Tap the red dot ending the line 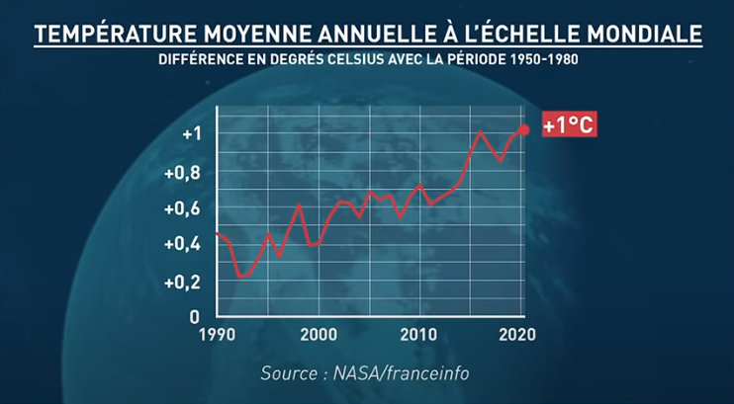click(524, 129)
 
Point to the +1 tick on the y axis click(191, 134)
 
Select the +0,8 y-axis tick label click(185, 172)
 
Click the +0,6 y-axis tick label click(185, 208)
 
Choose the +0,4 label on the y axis click(185, 245)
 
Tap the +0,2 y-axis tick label click(185, 282)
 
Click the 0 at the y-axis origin click(195, 316)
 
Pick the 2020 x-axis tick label click(517, 335)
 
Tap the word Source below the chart click(290, 374)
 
